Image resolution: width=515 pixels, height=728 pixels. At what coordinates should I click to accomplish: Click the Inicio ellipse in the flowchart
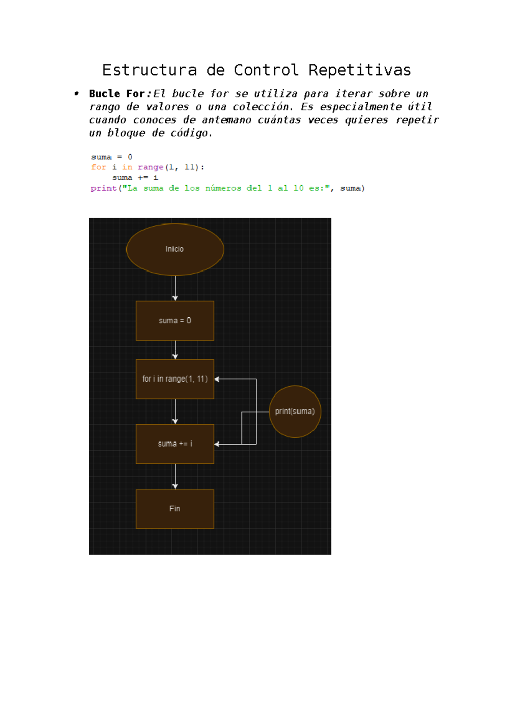click(x=175, y=249)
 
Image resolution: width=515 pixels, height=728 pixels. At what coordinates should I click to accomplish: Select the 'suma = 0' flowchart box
click(x=175, y=321)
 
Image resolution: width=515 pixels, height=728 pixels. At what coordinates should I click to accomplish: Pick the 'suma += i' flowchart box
click(x=175, y=444)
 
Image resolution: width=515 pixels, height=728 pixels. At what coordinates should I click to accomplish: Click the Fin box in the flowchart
click(x=175, y=509)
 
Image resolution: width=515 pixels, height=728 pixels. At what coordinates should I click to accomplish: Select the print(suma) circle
click(x=295, y=412)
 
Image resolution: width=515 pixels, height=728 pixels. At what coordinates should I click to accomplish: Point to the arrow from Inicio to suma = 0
click(x=175, y=288)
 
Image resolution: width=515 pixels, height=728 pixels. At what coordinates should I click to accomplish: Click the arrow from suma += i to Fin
click(x=175, y=476)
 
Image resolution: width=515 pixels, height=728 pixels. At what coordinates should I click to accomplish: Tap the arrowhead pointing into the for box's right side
click(x=217, y=379)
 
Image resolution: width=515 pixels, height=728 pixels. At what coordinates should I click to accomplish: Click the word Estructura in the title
click(x=150, y=70)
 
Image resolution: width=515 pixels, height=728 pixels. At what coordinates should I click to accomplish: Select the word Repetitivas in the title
click(x=360, y=70)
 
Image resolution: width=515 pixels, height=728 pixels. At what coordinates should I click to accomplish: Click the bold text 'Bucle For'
click(x=117, y=94)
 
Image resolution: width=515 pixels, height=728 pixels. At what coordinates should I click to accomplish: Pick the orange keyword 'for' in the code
click(x=98, y=167)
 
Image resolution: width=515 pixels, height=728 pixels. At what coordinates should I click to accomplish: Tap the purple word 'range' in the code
click(x=151, y=167)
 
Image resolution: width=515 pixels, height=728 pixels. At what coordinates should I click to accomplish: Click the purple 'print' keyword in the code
click(x=104, y=188)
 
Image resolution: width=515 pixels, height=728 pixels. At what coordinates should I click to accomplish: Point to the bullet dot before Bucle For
click(x=77, y=94)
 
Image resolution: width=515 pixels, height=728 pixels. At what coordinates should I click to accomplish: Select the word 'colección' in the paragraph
click(x=263, y=106)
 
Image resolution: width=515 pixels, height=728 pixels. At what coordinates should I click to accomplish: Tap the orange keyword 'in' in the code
click(x=127, y=167)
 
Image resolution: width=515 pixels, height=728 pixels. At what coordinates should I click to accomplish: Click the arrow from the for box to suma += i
click(x=175, y=412)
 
